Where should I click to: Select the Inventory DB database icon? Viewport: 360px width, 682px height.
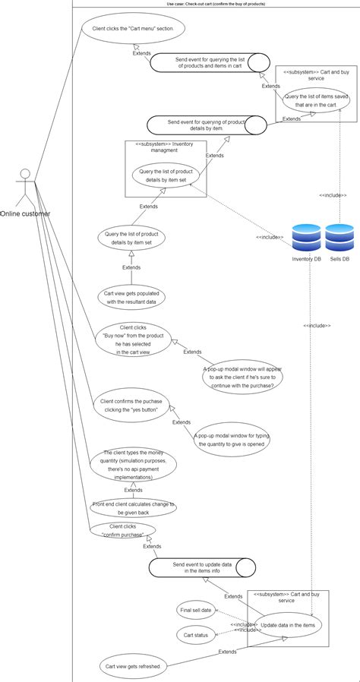(306, 238)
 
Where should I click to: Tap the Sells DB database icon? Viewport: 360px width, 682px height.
(339, 238)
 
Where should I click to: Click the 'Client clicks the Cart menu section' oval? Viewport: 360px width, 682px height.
(132, 28)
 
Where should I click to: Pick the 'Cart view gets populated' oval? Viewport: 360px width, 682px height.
(131, 297)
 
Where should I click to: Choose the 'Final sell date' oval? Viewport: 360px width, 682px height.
(196, 609)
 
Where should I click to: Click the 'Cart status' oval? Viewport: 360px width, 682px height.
(196, 635)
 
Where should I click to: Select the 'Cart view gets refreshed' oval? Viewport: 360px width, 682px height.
(132, 666)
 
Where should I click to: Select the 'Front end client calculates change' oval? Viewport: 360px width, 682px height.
(133, 507)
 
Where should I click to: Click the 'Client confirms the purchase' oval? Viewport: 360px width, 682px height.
(131, 405)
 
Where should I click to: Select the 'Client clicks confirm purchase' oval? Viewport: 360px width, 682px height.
(122, 530)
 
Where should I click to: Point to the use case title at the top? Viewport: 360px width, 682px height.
(216, 4)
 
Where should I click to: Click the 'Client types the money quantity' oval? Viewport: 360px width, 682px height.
(133, 464)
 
